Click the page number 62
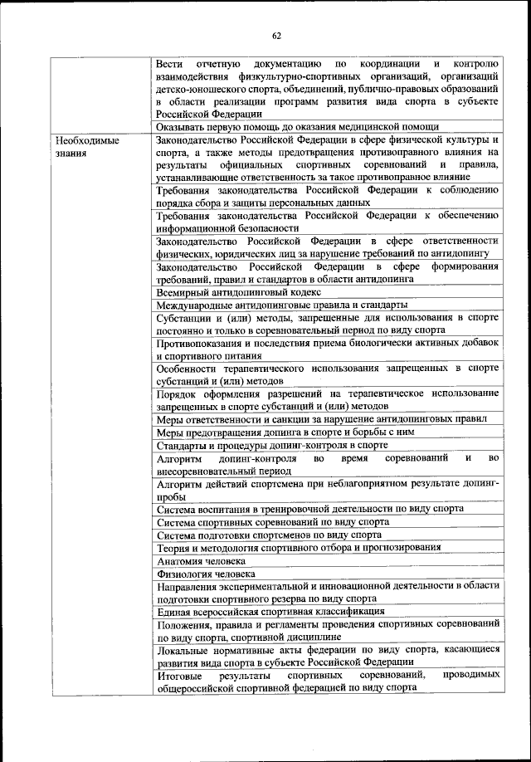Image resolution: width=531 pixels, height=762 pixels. click(276, 35)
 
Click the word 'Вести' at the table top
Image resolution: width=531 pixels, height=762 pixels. click(169, 63)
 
